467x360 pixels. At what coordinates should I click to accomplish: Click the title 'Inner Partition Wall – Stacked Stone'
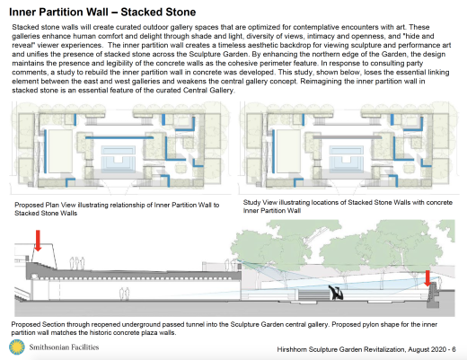point(102,12)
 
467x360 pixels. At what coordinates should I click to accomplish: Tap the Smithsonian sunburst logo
point(17,347)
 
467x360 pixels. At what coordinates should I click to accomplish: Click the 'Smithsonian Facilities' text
point(64,347)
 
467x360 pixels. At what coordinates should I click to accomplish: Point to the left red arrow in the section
point(38,241)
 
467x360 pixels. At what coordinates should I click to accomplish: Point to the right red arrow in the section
point(427,278)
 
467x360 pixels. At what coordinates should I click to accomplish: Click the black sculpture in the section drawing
point(336,293)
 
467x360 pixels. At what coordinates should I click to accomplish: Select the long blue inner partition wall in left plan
point(119,137)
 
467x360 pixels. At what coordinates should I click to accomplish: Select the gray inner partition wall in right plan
point(348,137)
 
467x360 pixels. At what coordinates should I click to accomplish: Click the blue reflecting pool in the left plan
point(119,159)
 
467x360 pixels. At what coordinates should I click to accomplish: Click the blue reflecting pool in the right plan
point(347,159)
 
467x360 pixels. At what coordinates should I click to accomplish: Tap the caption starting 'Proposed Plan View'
point(117,209)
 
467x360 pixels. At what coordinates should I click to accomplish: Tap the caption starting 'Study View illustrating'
point(348,206)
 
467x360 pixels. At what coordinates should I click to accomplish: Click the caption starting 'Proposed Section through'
point(225,329)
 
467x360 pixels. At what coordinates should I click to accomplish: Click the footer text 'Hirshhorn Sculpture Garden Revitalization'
point(341,349)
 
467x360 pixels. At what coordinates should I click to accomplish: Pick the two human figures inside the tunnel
point(124,294)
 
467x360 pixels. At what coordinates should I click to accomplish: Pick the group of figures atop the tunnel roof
point(77,263)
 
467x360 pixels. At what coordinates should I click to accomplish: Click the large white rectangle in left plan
point(60,151)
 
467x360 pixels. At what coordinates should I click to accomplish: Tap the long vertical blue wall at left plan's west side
point(45,151)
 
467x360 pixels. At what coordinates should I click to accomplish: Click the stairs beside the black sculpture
point(313,294)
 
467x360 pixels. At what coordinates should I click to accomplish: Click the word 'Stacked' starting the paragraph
point(24,27)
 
